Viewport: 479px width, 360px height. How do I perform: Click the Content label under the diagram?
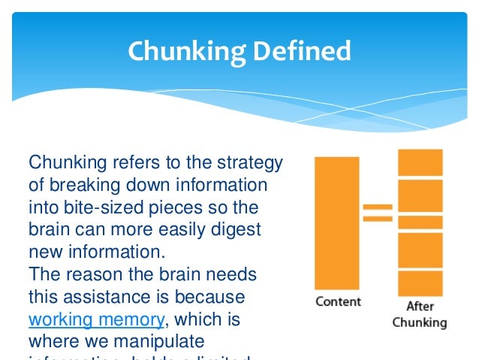tap(338, 301)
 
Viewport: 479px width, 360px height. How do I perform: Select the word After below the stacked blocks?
tap(420, 306)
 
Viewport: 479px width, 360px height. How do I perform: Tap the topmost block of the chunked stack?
tap(420, 162)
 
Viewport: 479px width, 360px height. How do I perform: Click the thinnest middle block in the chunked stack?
tap(420, 222)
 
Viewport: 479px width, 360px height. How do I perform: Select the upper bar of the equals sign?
tap(378, 207)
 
